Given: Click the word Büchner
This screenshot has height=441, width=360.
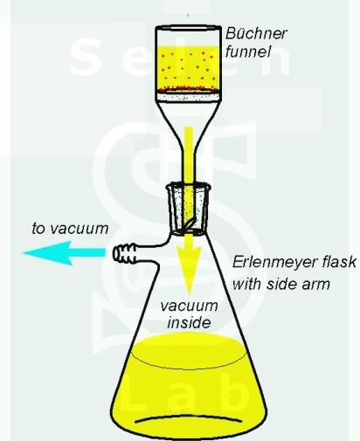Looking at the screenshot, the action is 256,33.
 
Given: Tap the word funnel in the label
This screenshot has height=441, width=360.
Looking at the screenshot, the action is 248,52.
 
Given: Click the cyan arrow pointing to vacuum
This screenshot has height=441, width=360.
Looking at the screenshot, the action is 64,252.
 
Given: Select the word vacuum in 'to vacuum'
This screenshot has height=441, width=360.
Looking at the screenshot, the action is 79,229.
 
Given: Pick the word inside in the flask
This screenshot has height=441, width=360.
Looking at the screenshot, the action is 189,322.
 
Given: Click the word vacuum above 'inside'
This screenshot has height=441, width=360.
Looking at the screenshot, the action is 189,307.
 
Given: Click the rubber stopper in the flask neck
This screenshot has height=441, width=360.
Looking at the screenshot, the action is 190,209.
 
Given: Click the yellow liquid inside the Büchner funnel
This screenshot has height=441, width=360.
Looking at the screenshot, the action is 188,66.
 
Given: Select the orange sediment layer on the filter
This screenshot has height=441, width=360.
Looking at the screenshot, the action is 188,88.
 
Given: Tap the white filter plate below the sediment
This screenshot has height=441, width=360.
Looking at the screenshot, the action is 188,97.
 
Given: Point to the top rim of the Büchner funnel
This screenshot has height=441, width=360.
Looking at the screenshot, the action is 188,28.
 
